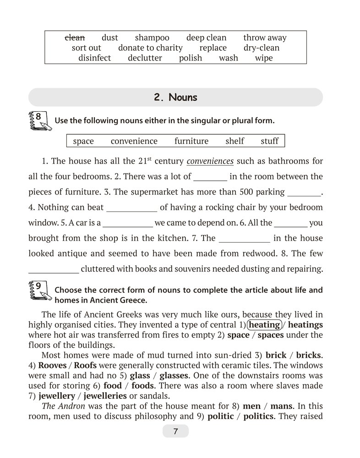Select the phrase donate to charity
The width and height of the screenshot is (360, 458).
(x=150, y=48)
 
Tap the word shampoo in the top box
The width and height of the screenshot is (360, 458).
(x=152, y=38)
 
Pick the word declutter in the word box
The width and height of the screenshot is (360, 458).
(x=145, y=58)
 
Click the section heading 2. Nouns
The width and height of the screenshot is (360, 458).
(x=176, y=97)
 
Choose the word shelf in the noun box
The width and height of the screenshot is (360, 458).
(x=235, y=141)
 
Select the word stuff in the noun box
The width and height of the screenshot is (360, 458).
(x=269, y=141)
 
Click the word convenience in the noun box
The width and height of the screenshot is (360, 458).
(x=134, y=141)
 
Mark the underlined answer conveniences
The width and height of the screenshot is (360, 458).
(x=211, y=161)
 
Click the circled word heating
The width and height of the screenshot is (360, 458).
(x=265, y=325)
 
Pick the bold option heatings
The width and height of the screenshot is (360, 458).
(x=305, y=325)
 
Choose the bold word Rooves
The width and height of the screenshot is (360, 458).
(x=52, y=365)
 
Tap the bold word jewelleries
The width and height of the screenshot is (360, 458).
(x=136, y=396)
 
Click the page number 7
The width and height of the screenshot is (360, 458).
(x=175, y=431)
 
